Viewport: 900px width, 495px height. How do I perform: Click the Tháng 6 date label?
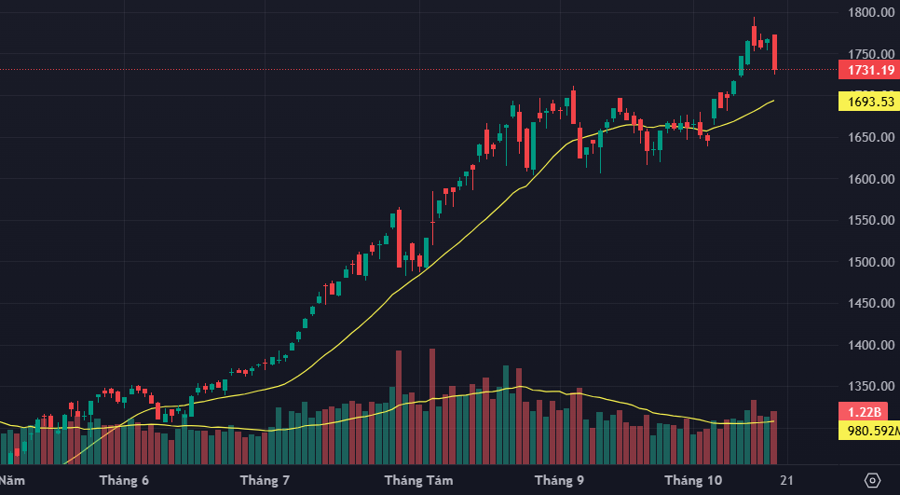124,481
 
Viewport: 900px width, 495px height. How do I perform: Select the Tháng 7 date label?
265,481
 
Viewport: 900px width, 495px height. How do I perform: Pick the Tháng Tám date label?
418,481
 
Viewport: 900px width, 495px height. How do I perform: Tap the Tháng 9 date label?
559,481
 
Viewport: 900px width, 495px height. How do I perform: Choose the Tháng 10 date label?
692,481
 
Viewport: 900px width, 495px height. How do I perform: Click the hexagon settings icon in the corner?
873,480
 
